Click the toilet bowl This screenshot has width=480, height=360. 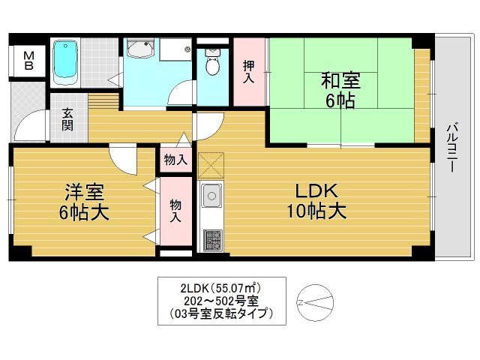211,64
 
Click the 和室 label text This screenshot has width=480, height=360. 340,79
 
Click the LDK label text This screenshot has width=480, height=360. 315,190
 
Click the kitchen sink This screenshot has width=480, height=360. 210,196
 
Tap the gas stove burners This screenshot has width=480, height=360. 211,240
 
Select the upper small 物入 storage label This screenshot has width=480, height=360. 175,160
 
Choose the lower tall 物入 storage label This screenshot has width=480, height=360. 175,211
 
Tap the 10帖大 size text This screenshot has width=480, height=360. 315,211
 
